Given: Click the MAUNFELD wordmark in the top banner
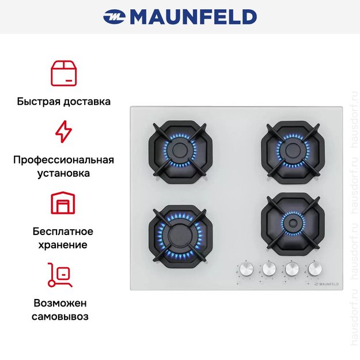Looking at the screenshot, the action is click(x=194, y=17).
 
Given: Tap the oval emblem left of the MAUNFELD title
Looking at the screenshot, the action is click(x=114, y=17).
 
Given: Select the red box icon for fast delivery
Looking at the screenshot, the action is click(x=63, y=74).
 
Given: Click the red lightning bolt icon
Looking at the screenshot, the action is click(x=63, y=131).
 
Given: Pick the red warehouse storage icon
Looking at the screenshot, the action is click(x=63, y=203).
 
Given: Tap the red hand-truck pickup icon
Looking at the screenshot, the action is click(x=60, y=275).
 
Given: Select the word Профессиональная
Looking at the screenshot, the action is click(x=63, y=160).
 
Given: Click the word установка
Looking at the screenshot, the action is click(x=63, y=173).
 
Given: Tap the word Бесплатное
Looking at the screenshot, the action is click(x=63, y=232).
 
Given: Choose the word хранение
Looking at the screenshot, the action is click(x=63, y=245).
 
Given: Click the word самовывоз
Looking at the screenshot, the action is click(x=60, y=317).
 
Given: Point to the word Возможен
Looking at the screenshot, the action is click(x=60, y=304).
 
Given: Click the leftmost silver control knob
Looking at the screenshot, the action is click(x=247, y=269).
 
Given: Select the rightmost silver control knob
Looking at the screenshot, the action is click(x=315, y=268).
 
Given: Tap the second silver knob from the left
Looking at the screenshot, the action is click(x=269, y=268).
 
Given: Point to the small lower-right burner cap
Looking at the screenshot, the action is click(x=293, y=223).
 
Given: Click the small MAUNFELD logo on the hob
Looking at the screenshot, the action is click(x=326, y=284).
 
